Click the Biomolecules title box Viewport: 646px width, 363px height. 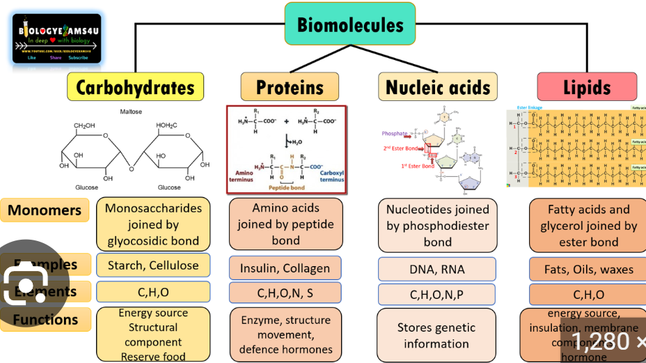point(349,25)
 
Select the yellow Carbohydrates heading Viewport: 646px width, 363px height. point(135,88)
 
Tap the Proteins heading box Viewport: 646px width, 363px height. point(290,87)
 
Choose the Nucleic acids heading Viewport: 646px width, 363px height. point(438,87)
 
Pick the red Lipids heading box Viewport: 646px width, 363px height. point(587,87)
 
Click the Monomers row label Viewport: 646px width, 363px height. point(45,210)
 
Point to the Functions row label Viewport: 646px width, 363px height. point(45,320)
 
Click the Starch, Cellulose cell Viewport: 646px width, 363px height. point(153,265)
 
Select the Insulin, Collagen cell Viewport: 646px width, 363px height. point(285,268)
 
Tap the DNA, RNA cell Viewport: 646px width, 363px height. point(437,269)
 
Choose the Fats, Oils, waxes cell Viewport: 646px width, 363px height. point(589,269)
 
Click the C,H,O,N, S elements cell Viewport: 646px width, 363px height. point(285,293)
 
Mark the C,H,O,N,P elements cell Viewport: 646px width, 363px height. point(437,295)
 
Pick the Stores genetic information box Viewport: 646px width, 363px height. point(436,335)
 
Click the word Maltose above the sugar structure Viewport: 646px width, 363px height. point(131,111)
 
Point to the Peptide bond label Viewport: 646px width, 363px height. point(287,187)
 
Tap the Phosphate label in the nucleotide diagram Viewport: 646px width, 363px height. point(394,134)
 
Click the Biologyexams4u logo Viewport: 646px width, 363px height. point(57,39)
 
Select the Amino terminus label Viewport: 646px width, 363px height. point(244,176)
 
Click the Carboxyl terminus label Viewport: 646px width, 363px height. point(331,176)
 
